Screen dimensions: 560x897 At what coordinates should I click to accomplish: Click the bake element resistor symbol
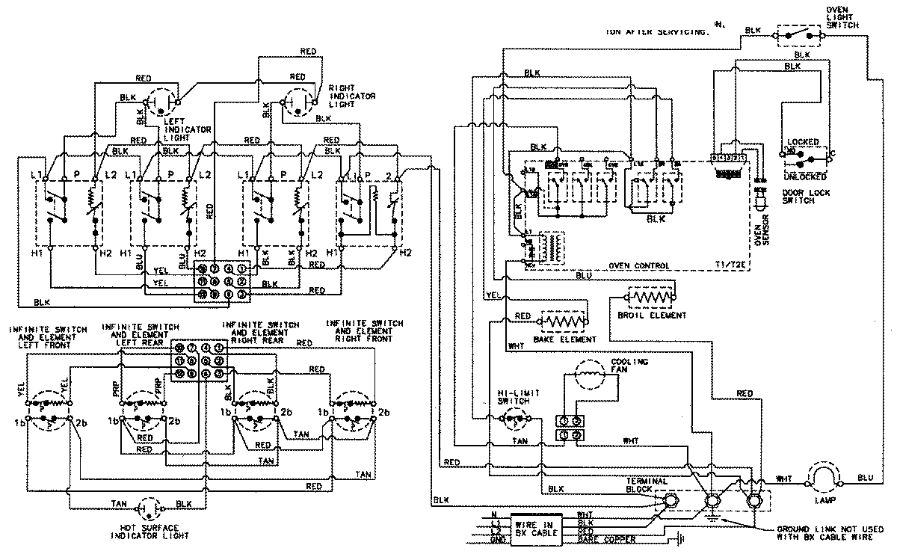pyautogui.click(x=562, y=321)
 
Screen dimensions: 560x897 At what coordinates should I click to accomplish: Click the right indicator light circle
pyautogui.click(x=298, y=101)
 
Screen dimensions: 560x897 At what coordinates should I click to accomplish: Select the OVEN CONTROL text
pyautogui.click(x=638, y=265)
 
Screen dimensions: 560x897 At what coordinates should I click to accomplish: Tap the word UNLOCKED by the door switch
pyautogui.click(x=804, y=177)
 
